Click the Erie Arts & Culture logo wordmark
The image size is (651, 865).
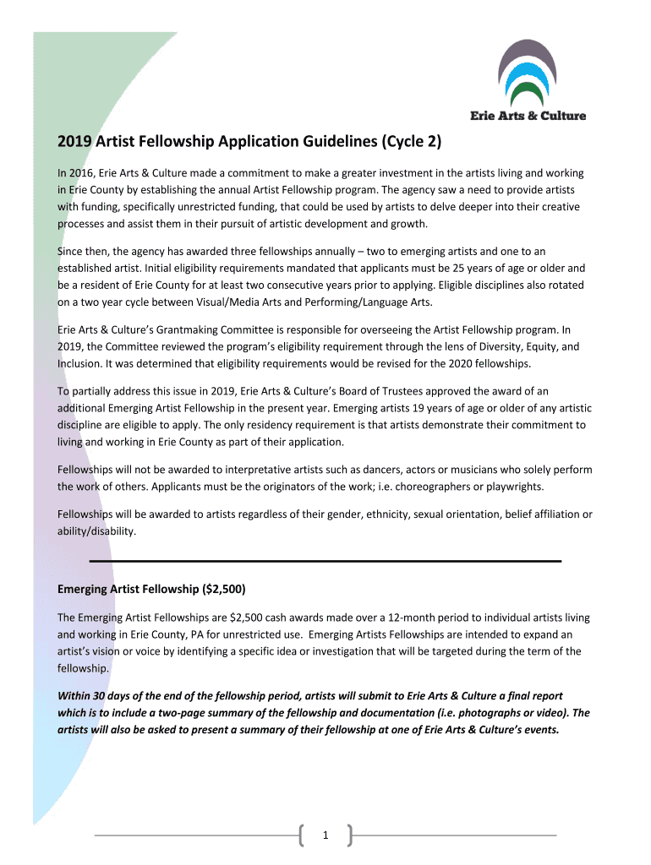(528, 116)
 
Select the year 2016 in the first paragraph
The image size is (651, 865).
(85, 173)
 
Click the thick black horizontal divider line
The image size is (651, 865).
(325, 561)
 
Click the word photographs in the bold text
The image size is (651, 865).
(484, 713)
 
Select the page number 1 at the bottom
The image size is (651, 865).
(325, 835)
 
